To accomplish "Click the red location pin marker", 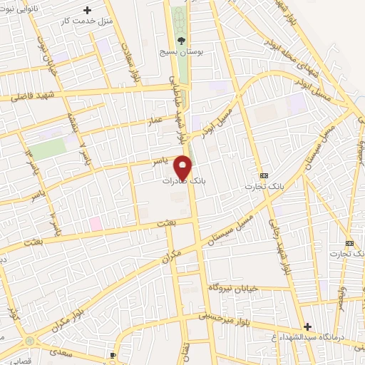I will click(x=183, y=168).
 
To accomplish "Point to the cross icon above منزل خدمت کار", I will click(x=88, y=11).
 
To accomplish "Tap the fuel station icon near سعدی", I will click(x=113, y=355).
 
